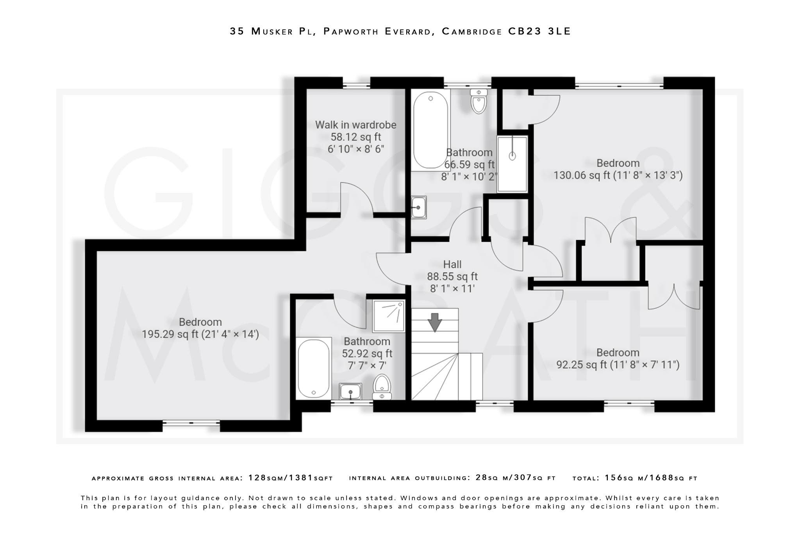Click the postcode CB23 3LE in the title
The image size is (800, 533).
click(x=539, y=31)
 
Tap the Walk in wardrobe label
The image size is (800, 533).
click(x=355, y=125)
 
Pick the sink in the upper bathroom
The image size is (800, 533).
click(x=418, y=207)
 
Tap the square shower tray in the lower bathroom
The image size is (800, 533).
click(x=388, y=316)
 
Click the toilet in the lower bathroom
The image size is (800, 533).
click(x=382, y=387)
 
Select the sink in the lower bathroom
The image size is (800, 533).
click(x=350, y=391)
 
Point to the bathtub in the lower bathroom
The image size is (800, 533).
click(x=313, y=368)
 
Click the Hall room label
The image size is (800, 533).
click(x=452, y=264)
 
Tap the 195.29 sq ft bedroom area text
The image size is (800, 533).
click(x=200, y=335)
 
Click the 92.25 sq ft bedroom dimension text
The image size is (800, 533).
click(x=618, y=365)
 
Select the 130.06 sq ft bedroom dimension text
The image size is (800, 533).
click(x=618, y=175)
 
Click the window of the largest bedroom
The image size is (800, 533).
click(x=191, y=422)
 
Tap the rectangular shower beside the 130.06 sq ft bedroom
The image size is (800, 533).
click(x=512, y=164)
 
